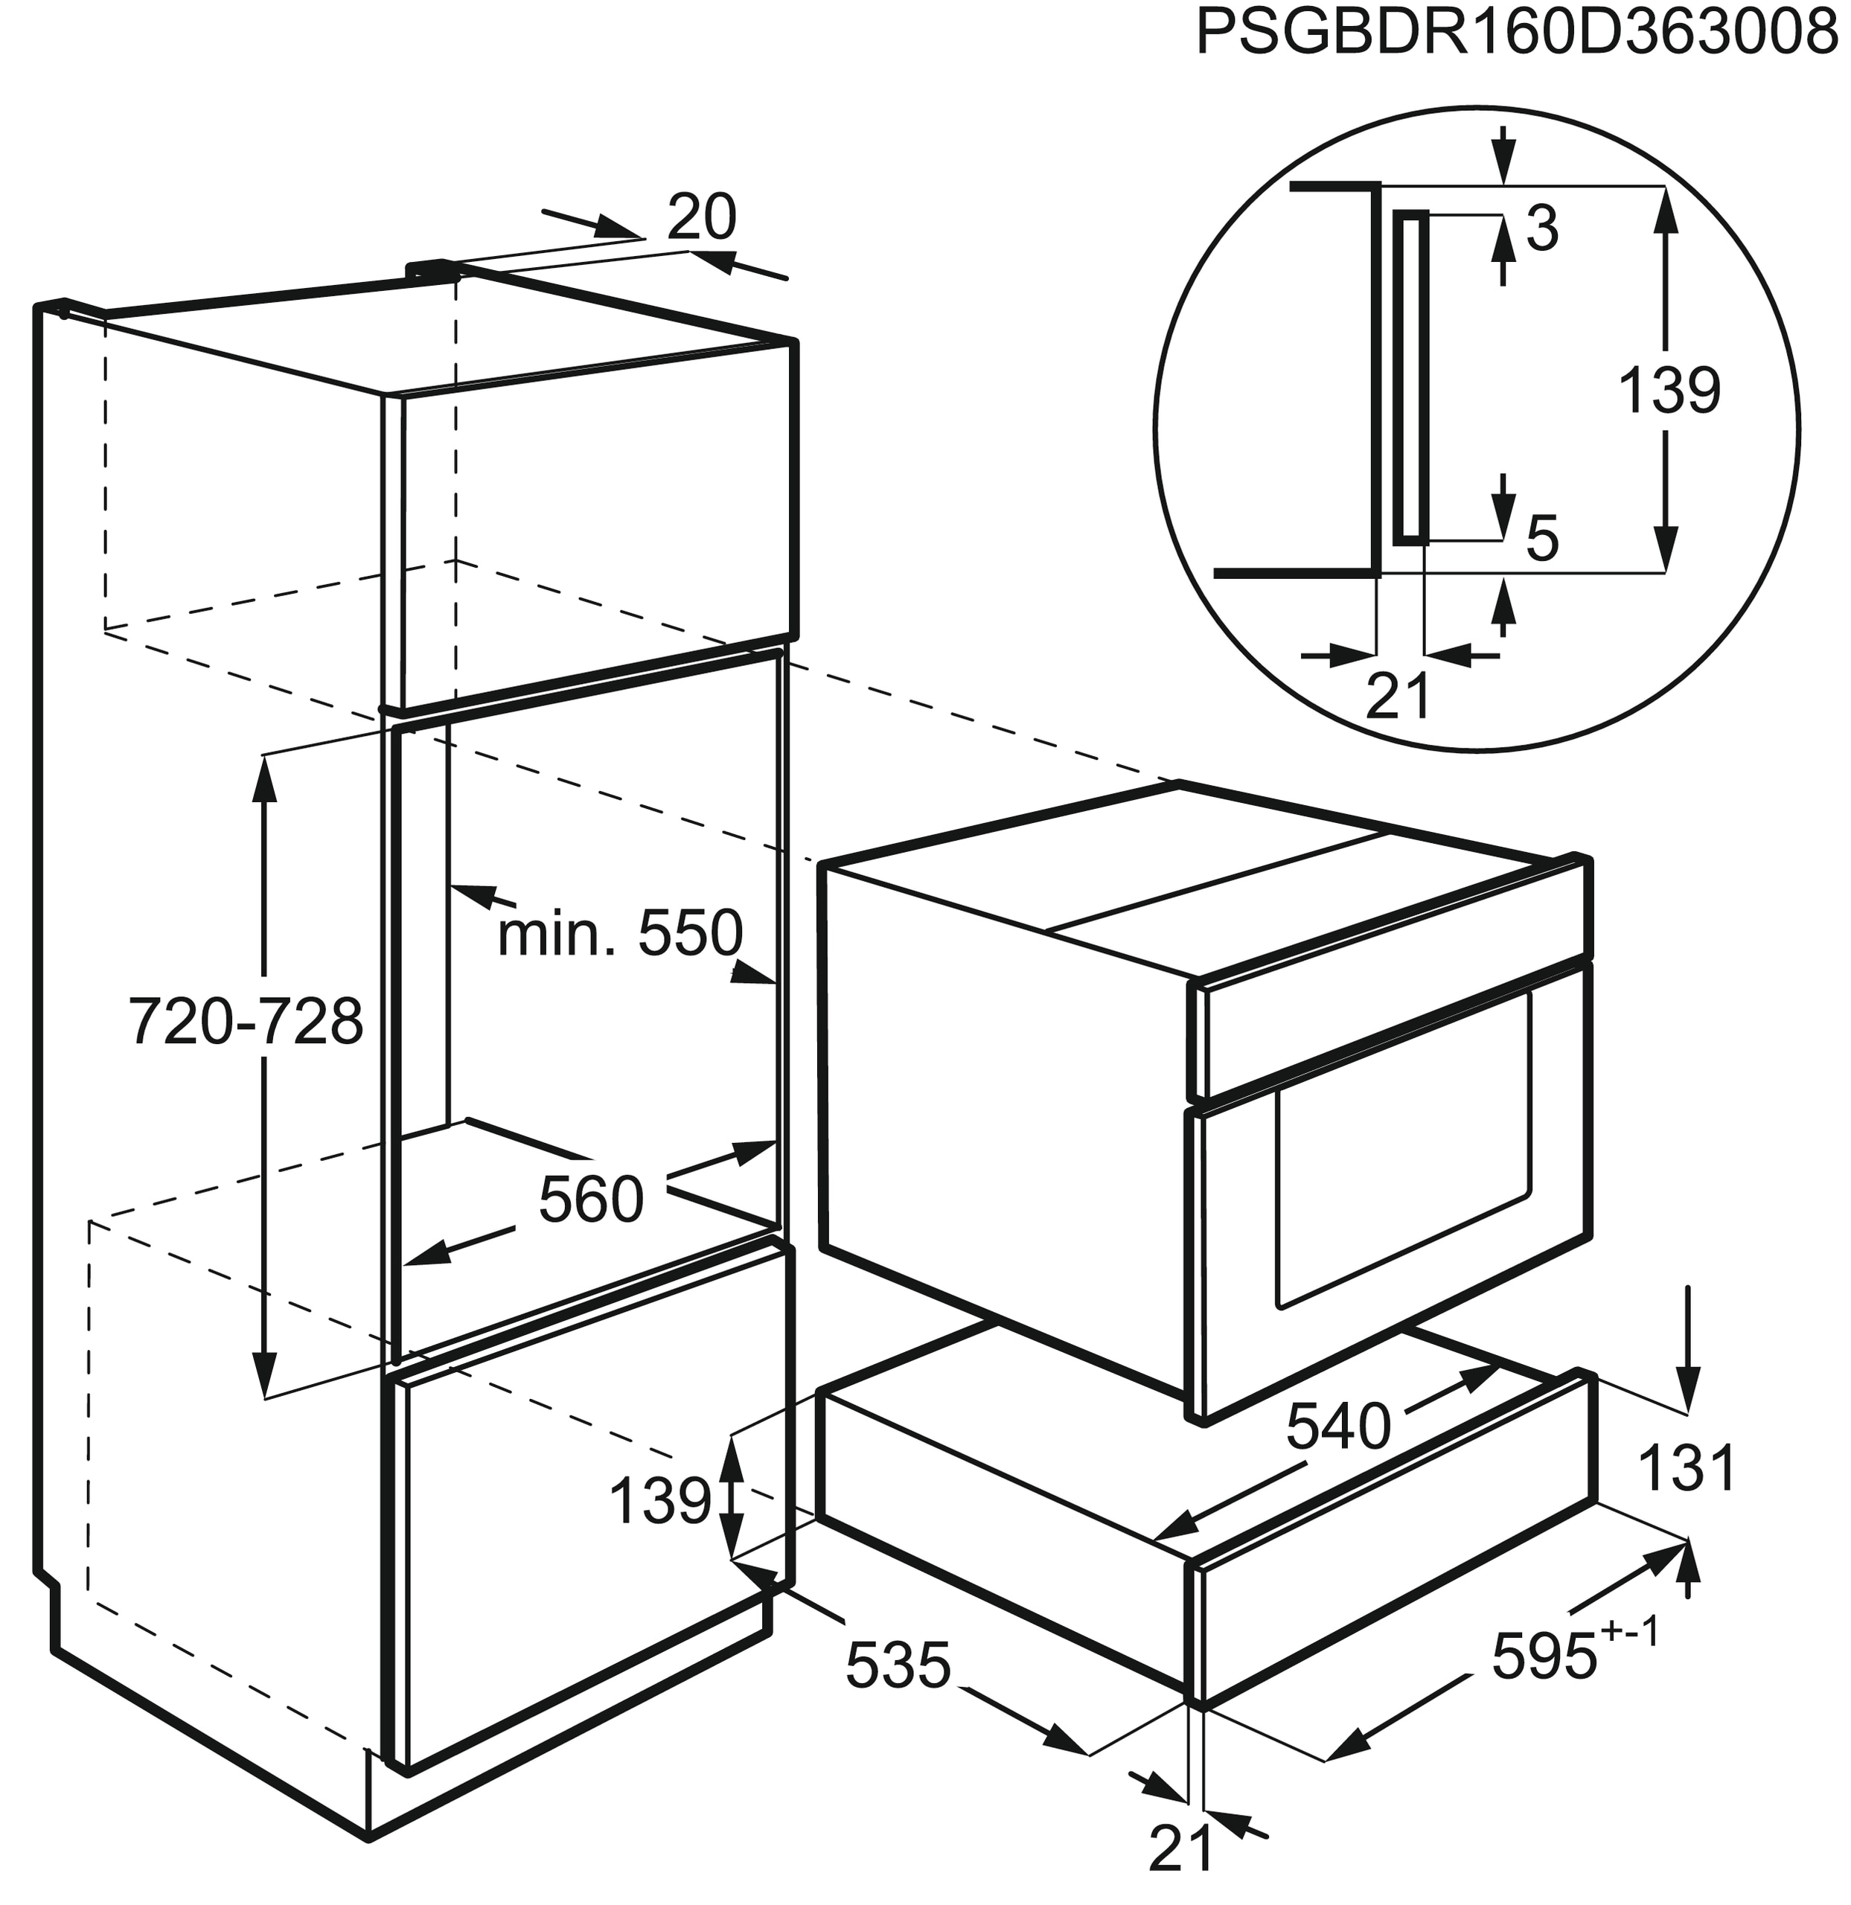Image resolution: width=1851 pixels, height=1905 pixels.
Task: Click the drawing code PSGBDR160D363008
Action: (1521, 34)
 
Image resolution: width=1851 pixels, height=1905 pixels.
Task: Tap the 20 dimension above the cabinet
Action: (702, 218)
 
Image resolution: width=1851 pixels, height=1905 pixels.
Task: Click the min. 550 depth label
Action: (620, 934)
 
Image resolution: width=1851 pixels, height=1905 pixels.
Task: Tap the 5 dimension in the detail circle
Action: (1542, 540)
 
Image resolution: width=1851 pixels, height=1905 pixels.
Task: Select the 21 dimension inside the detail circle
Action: (1398, 695)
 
